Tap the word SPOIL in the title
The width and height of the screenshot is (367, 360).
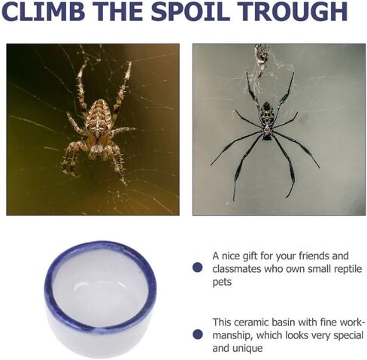pyautogui.click(x=190, y=11)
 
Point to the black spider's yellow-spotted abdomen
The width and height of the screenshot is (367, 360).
pyautogui.click(x=267, y=114)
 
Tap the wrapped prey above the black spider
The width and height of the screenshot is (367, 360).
pyautogui.click(x=262, y=58)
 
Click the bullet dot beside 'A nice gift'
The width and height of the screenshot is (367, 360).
pyautogui.click(x=198, y=268)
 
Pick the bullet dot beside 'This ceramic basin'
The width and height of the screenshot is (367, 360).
pyautogui.click(x=198, y=334)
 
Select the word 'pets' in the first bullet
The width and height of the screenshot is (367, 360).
pyautogui.click(x=222, y=283)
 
